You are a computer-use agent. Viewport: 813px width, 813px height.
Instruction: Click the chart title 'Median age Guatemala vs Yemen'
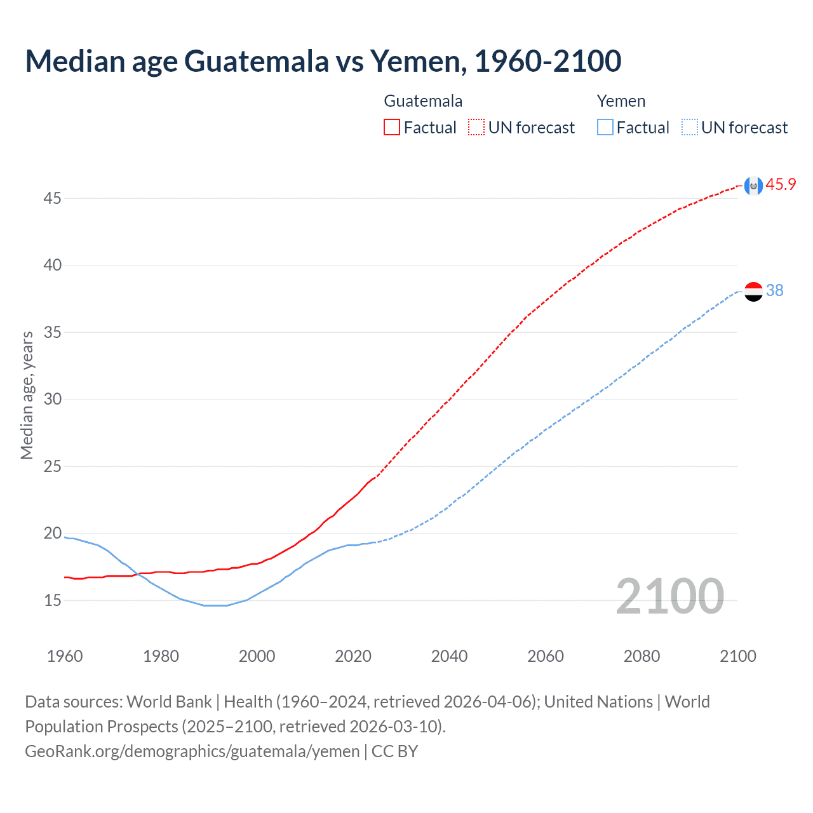click(323, 61)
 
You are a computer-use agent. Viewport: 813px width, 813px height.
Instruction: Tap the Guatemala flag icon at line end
click(753, 185)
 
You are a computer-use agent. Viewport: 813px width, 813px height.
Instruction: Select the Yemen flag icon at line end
click(753, 292)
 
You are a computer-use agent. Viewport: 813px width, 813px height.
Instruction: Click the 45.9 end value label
click(781, 185)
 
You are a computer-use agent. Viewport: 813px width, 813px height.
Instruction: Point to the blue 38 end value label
click(775, 291)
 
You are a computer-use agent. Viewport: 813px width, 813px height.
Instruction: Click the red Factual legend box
click(392, 128)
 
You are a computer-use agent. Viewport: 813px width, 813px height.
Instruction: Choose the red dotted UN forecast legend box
click(476, 128)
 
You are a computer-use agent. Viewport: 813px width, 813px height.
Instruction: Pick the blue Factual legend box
click(605, 128)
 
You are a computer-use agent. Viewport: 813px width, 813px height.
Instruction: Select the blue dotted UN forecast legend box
click(690, 128)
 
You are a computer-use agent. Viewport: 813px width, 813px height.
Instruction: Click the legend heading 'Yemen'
click(621, 102)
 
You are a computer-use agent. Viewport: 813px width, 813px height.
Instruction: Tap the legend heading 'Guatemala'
click(423, 102)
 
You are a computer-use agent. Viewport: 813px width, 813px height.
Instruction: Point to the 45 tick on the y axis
click(52, 199)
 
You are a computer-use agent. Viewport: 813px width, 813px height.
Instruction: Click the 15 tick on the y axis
click(52, 601)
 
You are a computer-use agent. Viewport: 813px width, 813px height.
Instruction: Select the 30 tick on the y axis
click(52, 400)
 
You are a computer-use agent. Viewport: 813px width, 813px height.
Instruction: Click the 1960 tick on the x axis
click(65, 656)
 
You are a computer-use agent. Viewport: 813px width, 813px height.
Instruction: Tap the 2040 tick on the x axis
click(449, 656)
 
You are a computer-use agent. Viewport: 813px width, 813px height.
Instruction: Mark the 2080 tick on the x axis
click(642, 656)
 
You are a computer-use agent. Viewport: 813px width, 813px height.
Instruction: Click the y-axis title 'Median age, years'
click(27, 395)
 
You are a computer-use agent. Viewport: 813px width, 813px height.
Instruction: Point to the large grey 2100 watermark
click(669, 596)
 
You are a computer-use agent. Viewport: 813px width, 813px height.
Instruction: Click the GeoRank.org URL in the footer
click(192, 751)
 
